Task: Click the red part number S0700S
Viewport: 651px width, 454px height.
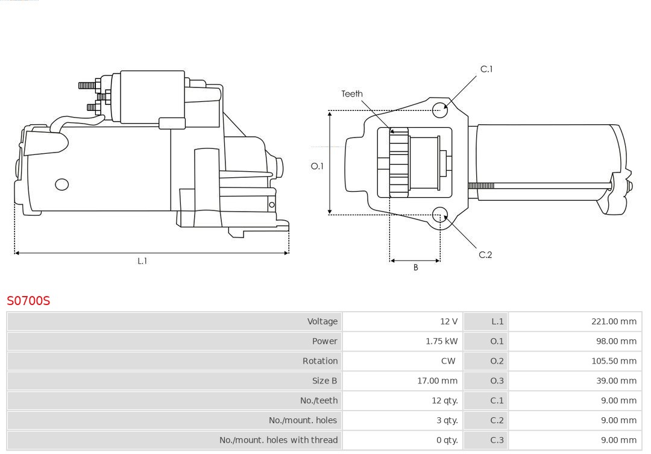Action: point(28,300)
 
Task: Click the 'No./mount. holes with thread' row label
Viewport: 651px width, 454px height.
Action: point(278,440)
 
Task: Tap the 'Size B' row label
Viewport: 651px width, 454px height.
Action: point(324,381)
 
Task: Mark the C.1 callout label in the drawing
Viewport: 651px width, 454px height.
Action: point(486,69)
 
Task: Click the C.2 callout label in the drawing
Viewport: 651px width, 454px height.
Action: point(485,255)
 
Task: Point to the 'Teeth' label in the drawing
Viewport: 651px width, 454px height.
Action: point(352,94)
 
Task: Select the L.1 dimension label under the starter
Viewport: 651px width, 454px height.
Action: point(142,261)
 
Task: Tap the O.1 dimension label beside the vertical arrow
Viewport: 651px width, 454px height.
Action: point(317,166)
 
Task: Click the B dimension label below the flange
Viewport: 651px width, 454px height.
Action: point(415,268)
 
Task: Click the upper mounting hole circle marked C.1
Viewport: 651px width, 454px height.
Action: point(440,109)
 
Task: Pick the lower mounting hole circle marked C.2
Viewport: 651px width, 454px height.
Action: point(440,214)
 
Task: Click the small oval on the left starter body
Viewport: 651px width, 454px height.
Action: point(62,184)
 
